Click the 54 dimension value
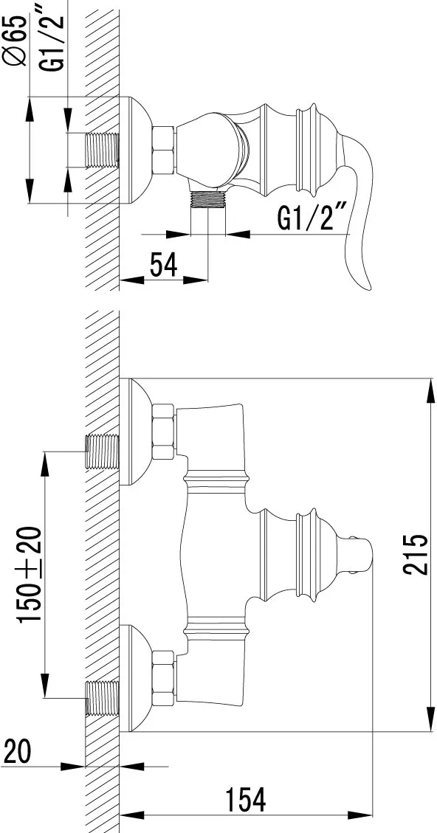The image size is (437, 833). [163, 265]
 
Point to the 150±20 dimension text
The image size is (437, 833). [30, 575]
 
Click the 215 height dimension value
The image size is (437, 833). [416, 554]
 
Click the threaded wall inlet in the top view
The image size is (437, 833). [102, 150]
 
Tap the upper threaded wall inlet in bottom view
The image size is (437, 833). [102, 452]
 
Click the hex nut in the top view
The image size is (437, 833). [164, 150]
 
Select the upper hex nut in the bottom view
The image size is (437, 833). [163, 432]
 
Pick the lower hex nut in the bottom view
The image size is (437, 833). [163, 678]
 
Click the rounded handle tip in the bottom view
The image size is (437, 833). [362, 554]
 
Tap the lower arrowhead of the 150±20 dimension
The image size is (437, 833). [44, 685]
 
